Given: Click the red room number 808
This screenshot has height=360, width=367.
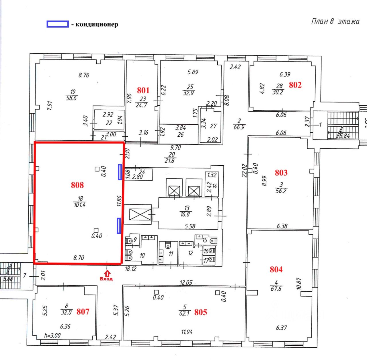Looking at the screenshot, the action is [77, 185].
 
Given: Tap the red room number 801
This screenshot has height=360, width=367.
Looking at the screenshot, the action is [143, 90].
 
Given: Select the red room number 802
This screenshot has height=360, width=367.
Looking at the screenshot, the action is [295, 85].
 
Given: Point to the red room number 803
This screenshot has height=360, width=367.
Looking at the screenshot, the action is [281, 173].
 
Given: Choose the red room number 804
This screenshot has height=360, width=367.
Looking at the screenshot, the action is [276, 269].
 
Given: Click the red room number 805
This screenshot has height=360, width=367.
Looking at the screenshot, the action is [200, 312].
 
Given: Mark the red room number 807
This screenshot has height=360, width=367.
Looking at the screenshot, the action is [83, 311].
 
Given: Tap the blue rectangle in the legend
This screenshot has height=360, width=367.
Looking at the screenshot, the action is [58, 24].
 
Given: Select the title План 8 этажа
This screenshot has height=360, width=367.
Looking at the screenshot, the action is [335, 22].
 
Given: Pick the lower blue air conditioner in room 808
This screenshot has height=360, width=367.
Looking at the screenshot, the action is [118, 226].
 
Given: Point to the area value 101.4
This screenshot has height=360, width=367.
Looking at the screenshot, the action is [80, 205].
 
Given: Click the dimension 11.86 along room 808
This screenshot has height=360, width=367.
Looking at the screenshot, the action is [120, 201].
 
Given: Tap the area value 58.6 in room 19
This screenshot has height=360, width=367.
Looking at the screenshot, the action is [71, 98].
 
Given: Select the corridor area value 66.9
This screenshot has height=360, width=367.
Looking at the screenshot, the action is [239, 127].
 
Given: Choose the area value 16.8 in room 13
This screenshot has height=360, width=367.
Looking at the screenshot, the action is [185, 214].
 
